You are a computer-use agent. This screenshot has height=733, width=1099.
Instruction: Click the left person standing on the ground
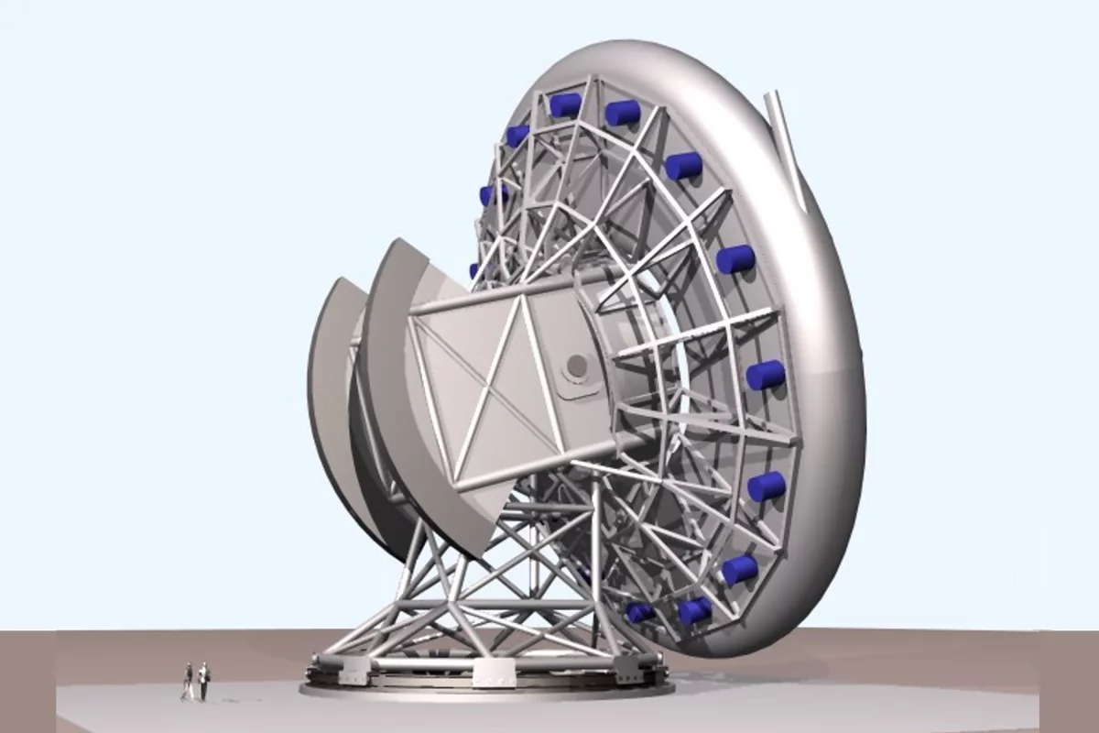coord(189,680)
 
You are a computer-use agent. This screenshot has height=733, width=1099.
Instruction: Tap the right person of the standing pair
coord(203,682)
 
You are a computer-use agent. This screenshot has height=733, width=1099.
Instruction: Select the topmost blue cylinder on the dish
coord(565,104)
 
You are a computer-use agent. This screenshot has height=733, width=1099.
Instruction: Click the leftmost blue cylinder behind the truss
coord(475,270)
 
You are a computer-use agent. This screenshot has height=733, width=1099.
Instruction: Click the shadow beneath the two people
coord(194,698)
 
